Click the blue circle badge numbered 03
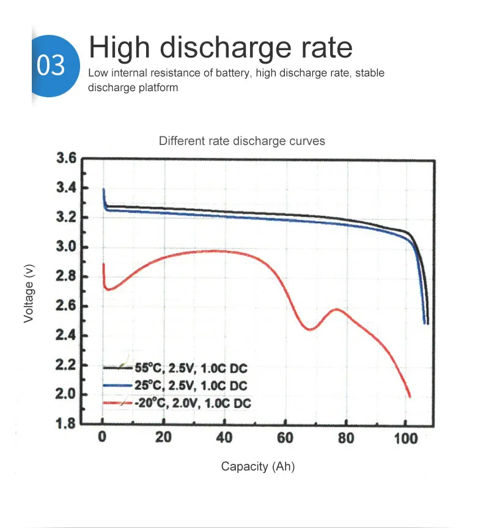point(53,65)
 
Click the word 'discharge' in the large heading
point(216,48)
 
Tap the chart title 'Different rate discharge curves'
point(242,141)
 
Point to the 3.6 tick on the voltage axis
point(65,159)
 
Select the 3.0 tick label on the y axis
point(65,247)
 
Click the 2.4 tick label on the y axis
point(65,336)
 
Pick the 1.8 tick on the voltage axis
point(65,424)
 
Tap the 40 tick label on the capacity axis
point(224,438)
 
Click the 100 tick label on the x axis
point(406,438)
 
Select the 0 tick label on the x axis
point(103,438)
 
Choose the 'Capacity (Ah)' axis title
point(257,467)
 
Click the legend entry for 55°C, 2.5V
point(191,368)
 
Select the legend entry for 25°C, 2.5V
point(191,385)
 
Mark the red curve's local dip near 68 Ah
point(310,330)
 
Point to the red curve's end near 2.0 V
point(409,396)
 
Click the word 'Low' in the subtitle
point(98,73)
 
